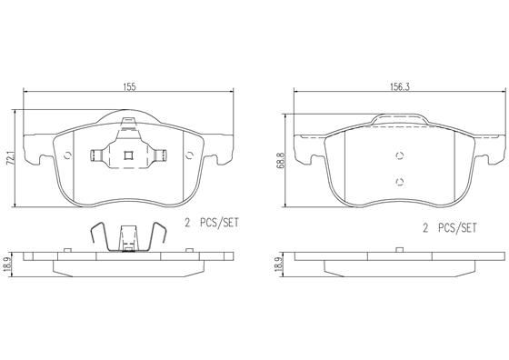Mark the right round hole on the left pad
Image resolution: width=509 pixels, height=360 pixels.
pos(188,154)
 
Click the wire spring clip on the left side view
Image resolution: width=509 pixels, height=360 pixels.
pos(127,239)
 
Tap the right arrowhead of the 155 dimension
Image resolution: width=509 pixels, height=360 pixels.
pos(232,93)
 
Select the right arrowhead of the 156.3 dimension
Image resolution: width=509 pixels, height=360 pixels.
pos(501,93)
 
